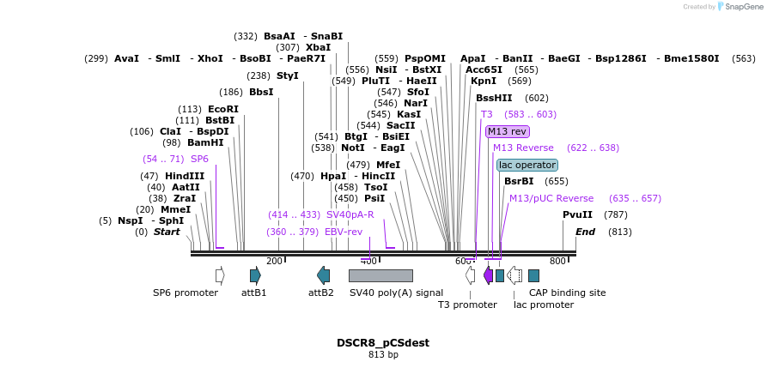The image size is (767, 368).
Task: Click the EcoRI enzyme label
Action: click(x=222, y=109)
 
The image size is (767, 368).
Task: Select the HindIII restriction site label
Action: click(x=185, y=176)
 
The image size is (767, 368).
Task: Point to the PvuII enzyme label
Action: click(x=577, y=214)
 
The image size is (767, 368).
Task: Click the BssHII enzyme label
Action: click(x=494, y=98)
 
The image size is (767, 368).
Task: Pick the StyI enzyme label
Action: click(x=287, y=75)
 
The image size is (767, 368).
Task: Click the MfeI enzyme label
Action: click(x=388, y=165)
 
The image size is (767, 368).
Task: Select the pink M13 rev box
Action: click(x=507, y=131)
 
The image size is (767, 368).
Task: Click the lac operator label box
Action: click(x=527, y=165)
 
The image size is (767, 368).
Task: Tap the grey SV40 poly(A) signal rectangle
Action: click(x=380, y=275)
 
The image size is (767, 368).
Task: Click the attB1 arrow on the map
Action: click(x=255, y=275)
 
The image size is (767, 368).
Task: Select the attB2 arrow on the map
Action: click(x=323, y=275)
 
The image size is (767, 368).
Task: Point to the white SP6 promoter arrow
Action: click(x=220, y=275)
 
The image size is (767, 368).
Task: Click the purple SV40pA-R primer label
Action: click(x=350, y=214)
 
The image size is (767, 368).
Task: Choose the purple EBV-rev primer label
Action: click(x=344, y=232)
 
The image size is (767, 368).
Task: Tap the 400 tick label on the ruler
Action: click(x=368, y=261)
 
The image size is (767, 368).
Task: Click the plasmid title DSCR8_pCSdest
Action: click(x=383, y=342)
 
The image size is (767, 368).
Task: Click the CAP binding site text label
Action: click(x=567, y=293)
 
